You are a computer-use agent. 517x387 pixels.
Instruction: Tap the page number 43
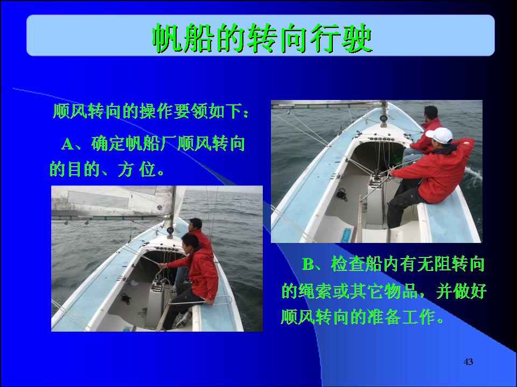click(468, 362)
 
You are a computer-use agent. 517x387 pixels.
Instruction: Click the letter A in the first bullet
click(68, 145)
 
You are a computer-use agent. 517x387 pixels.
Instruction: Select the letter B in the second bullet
click(309, 264)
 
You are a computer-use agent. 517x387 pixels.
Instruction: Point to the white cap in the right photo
click(439, 135)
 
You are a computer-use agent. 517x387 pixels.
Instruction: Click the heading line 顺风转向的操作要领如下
click(151, 111)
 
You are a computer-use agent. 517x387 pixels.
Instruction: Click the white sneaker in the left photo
click(183, 319)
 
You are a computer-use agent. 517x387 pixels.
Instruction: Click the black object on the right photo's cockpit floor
click(342, 194)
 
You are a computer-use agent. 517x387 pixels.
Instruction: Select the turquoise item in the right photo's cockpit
click(346, 235)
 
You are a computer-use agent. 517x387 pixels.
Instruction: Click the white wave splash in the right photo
click(473, 178)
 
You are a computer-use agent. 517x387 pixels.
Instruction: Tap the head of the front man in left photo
click(191, 241)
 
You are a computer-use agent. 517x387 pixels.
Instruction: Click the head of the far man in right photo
click(431, 113)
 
